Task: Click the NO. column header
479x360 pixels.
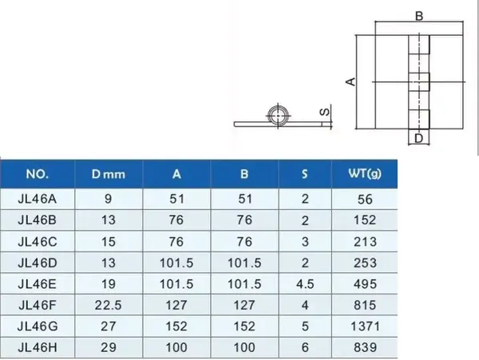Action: [38, 173]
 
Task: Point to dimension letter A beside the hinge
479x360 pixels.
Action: [349, 81]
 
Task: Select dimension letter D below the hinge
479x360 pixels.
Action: [418, 139]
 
